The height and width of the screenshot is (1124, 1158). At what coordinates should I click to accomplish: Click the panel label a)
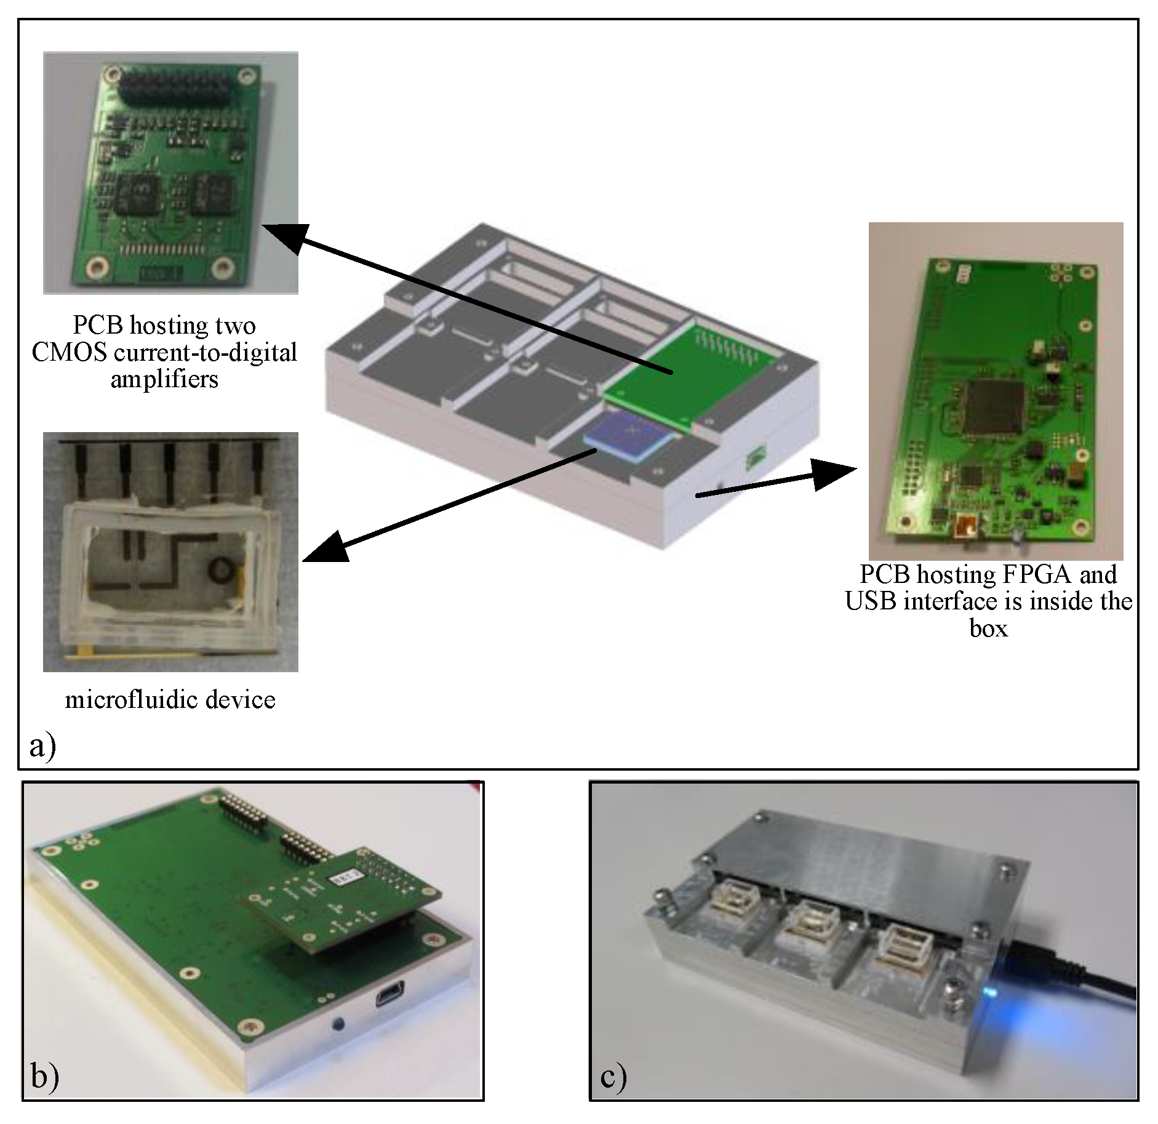coord(42,746)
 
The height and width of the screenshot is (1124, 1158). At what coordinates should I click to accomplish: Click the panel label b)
coord(44,1075)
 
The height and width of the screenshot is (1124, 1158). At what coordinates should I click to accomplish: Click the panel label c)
coord(613,1075)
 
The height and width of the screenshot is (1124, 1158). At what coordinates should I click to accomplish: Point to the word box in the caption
coord(988,628)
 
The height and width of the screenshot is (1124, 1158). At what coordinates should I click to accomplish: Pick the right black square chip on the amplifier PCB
coord(213,193)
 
